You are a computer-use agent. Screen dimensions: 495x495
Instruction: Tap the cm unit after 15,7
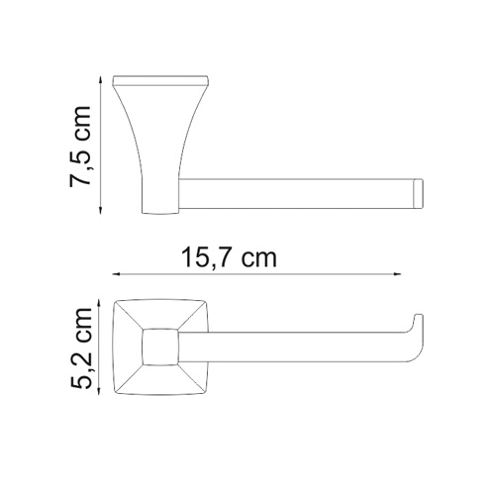pos(260,259)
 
